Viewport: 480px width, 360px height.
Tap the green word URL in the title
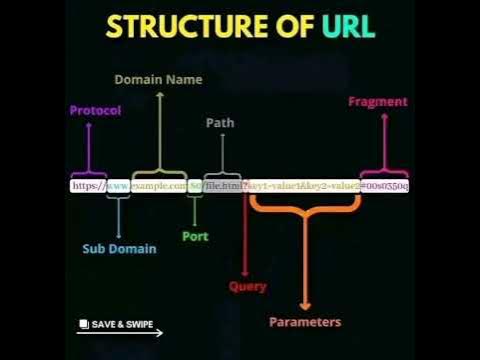347,27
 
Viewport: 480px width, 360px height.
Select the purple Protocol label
95,111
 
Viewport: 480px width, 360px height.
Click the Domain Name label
158,79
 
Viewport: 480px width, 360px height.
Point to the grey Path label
220,123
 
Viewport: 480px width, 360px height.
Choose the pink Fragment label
377,102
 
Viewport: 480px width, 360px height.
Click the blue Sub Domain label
119,249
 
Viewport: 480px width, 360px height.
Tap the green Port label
195,237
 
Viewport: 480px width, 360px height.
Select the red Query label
248,287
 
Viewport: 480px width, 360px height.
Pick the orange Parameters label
305,322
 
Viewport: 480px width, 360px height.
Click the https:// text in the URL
87,186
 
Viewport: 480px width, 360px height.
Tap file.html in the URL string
224,186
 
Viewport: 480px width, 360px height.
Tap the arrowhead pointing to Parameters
305,304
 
